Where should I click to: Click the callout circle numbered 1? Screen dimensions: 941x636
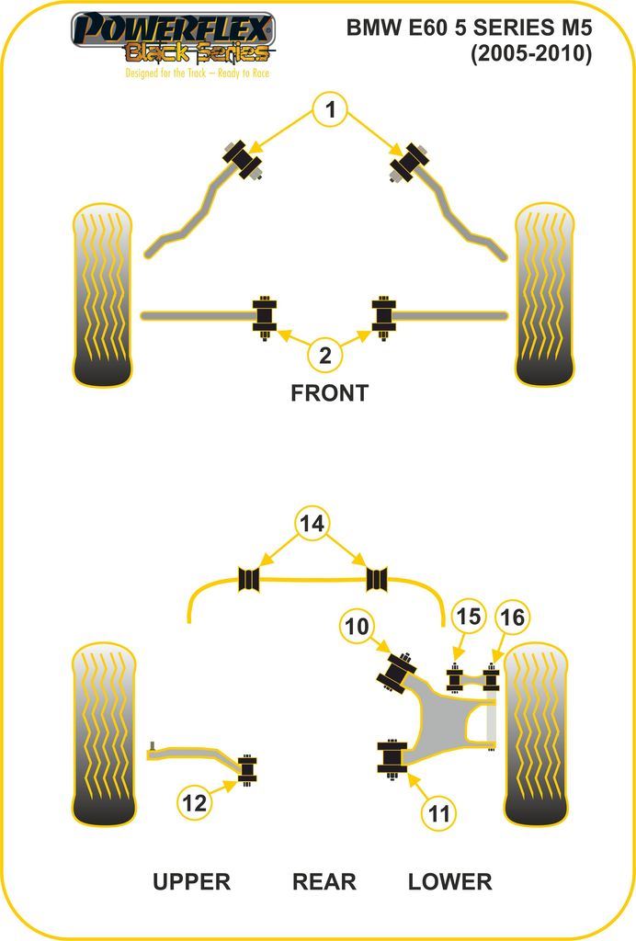point(330,112)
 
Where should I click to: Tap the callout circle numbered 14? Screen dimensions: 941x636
point(312,524)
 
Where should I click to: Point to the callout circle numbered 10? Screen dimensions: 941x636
point(358,627)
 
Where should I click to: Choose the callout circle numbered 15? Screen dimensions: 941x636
point(469,617)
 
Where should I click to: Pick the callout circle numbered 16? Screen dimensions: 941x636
point(512,617)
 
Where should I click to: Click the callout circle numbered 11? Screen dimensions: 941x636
point(440,812)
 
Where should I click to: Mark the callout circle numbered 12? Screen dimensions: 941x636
point(195,803)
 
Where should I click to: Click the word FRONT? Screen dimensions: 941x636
point(329,393)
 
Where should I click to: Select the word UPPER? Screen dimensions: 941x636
point(191,882)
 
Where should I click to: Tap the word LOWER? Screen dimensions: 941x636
point(449,882)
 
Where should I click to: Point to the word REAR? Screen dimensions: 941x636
point(324,882)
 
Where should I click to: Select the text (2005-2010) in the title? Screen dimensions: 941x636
point(531,54)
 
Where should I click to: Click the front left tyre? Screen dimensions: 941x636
point(102,295)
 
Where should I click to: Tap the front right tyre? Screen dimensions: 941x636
point(545,295)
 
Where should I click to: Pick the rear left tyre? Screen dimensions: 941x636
point(104,734)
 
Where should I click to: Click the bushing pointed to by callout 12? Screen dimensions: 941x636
point(247,769)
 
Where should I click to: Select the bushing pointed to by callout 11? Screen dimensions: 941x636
point(392,757)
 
